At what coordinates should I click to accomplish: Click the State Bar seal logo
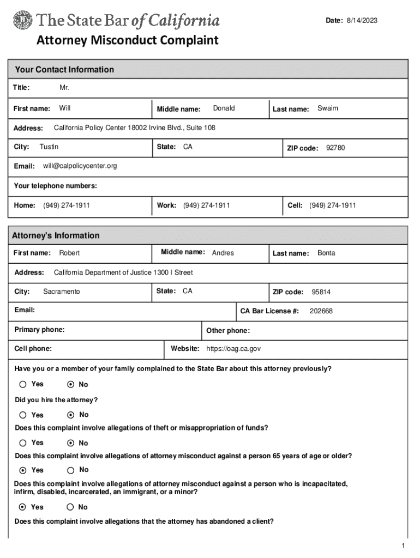point(22,21)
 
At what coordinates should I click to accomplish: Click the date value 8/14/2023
point(362,21)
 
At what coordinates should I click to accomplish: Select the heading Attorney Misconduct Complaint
point(127,40)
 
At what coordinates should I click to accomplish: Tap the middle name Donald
point(224,108)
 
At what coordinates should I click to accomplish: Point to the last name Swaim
point(327,108)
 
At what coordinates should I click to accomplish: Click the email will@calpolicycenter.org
point(80,166)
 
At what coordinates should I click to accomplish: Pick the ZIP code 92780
point(335,148)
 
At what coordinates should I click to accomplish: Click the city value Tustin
point(49,147)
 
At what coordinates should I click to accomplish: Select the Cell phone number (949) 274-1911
point(332,205)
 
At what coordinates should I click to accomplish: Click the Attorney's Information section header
point(56,235)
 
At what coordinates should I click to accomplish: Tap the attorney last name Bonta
point(326,253)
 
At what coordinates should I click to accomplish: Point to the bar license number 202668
point(321,311)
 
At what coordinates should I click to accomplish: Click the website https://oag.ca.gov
point(233,349)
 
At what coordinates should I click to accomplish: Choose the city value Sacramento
point(61,292)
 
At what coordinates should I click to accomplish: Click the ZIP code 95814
point(321,292)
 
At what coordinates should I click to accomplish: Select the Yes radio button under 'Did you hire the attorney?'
point(23,415)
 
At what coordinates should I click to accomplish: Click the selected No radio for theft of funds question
point(70,443)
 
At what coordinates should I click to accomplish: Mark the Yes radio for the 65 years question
point(23,470)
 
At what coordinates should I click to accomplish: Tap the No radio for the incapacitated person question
point(70,507)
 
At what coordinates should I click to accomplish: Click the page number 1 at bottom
point(402,546)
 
